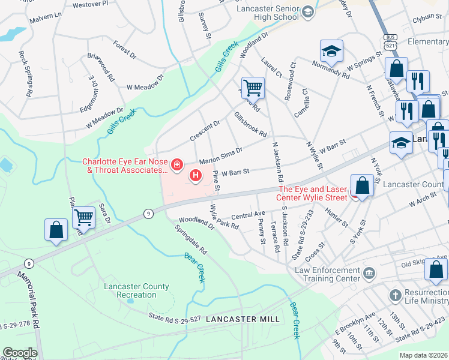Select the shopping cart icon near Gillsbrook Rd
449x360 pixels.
tap(253, 88)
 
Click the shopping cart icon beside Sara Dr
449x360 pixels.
tap(84, 217)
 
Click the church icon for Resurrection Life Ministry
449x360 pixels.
tap(395, 295)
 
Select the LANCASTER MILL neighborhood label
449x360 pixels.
tap(243, 319)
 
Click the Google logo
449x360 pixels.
tap(20, 353)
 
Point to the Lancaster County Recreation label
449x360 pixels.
tap(130, 290)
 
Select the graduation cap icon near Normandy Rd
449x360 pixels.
tap(331, 53)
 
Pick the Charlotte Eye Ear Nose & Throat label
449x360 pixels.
tap(124, 166)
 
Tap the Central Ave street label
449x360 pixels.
tap(248, 214)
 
